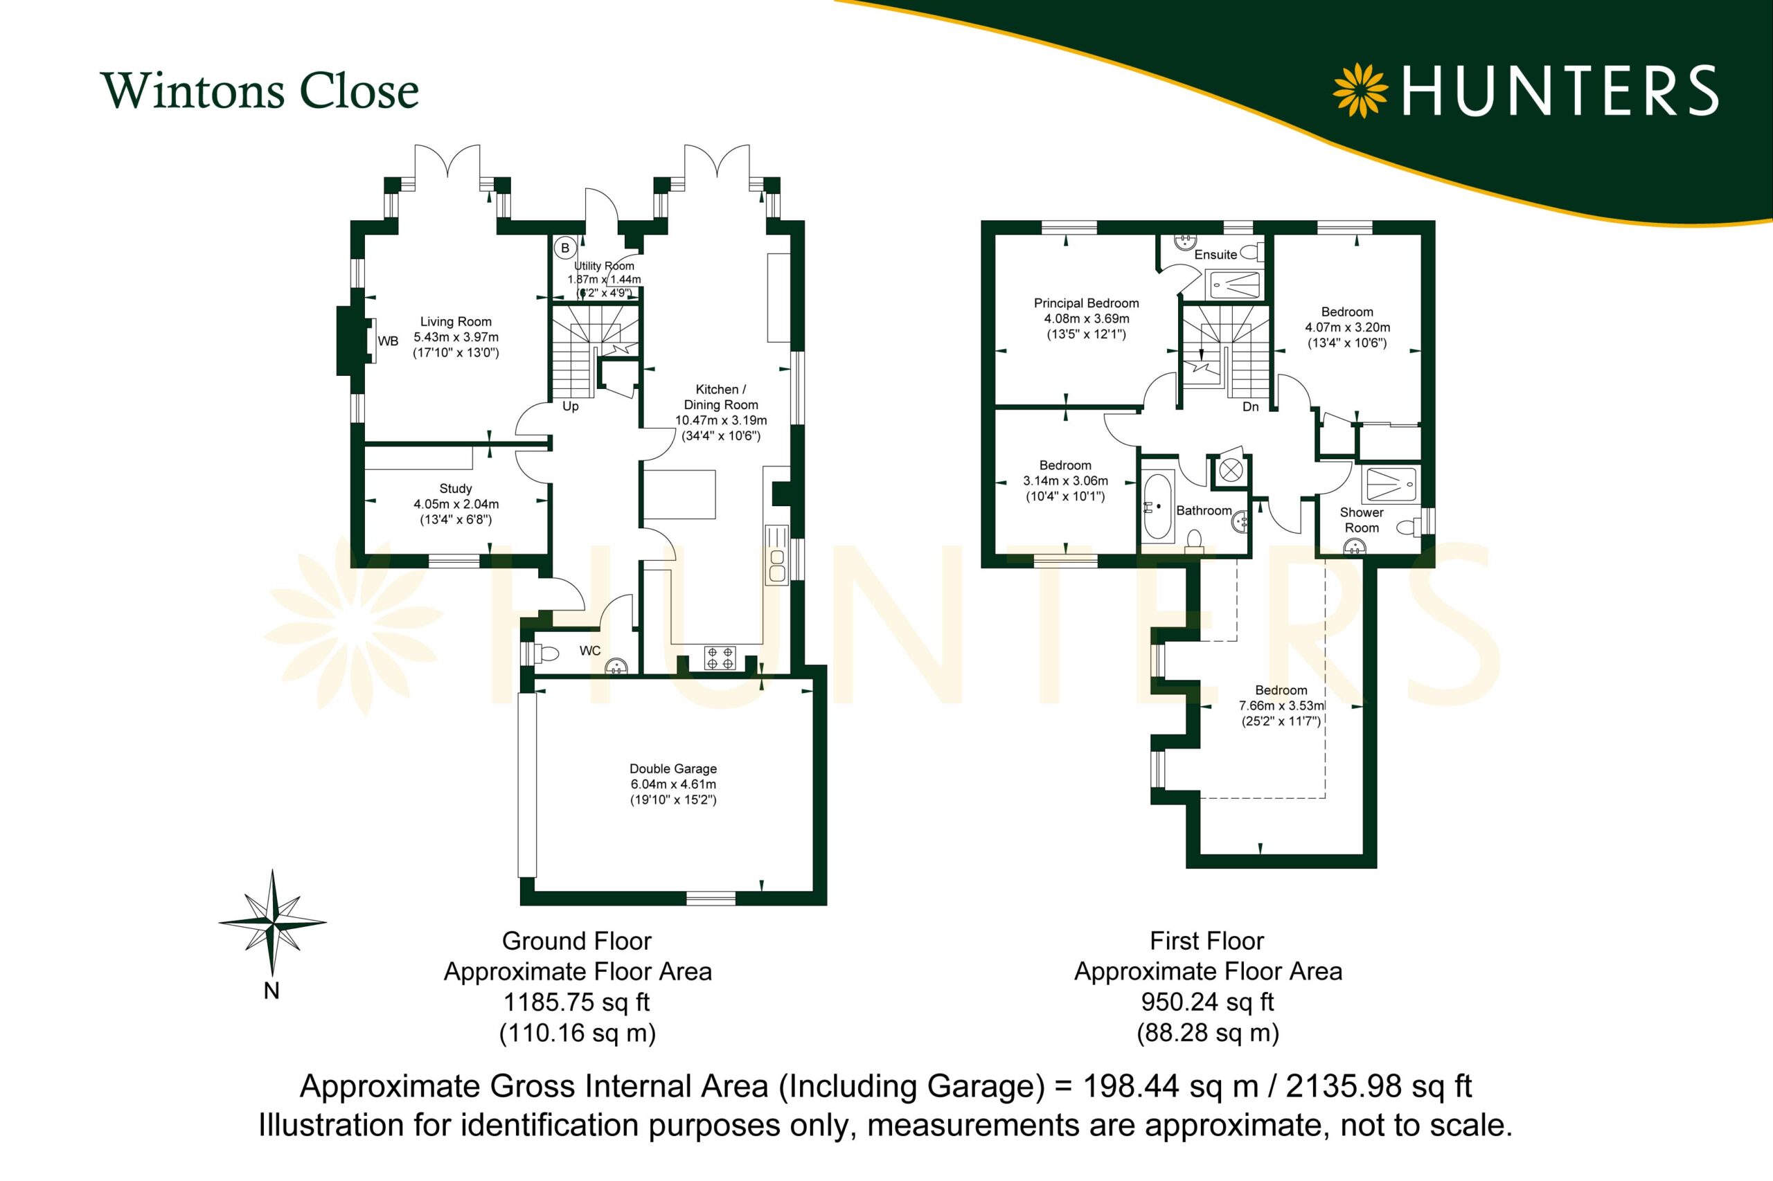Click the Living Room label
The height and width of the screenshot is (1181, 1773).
pyautogui.click(x=456, y=322)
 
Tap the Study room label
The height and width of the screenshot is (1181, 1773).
pyautogui.click(x=456, y=489)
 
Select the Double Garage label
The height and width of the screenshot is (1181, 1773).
pyautogui.click(x=673, y=768)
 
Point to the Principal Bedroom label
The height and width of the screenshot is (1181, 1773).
pyautogui.click(x=1086, y=303)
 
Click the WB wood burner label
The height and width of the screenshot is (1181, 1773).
pyautogui.click(x=388, y=341)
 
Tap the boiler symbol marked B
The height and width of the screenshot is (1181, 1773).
pyautogui.click(x=565, y=248)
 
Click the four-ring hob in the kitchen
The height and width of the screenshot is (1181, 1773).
pyautogui.click(x=720, y=658)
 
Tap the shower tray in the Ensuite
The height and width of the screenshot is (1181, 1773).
pyautogui.click(x=1234, y=285)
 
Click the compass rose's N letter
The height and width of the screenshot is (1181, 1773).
pyautogui.click(x=271, y=991)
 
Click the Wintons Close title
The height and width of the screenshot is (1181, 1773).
pyautogui.click(x=259, y=91)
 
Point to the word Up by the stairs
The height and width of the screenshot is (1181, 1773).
pyautogui.click(x=571, y=407)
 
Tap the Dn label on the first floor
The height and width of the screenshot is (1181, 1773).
pyautogui.click(x=1251, y=407)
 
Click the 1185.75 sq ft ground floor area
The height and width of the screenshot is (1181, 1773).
pyautogui.click(x=576, y=1002)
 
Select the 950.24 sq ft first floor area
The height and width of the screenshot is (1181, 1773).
pyautogui.click(x=1207, y=1002)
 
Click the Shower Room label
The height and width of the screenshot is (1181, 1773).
pyautogui.click(x=1362, y=520)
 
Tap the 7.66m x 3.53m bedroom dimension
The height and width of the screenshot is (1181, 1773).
pyautogui.click(x=1282, y=705)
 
